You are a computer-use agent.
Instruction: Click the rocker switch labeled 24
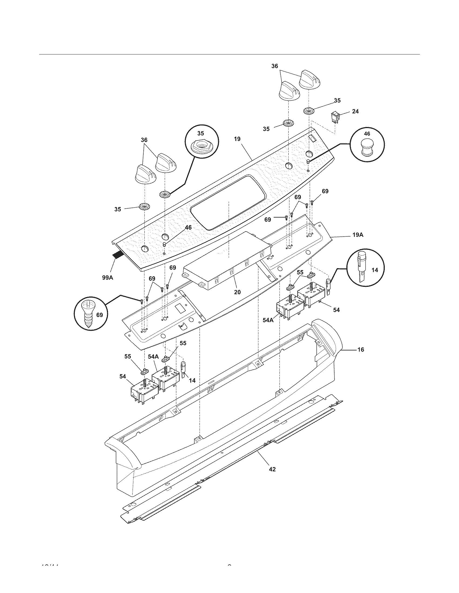[334, 118]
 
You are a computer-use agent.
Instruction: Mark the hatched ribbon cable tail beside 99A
[117, 255]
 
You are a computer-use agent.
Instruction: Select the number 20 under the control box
[237, 292]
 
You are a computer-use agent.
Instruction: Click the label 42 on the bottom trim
[272, 469]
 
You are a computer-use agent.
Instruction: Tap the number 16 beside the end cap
[360, 349]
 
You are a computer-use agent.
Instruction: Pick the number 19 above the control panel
[237, 139]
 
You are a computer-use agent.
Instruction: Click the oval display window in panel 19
[228, 203]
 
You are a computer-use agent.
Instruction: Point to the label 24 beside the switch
[355, 111]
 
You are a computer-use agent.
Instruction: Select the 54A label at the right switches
[268, 320]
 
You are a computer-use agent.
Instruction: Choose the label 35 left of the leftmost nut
[117, 209]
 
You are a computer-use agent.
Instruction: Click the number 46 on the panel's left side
[188, 227]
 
